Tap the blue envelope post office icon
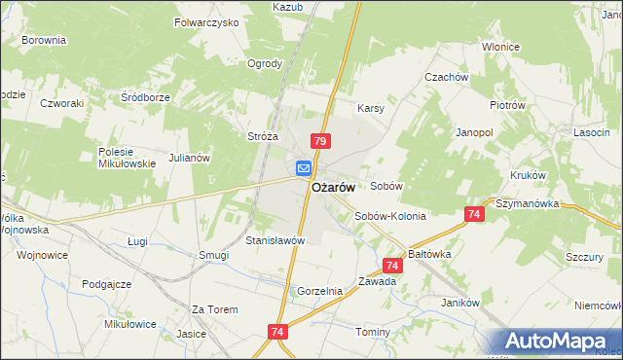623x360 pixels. (304, 168)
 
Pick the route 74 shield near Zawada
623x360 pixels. (393, 265)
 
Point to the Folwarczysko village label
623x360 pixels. (205, 21)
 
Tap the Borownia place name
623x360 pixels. (44, 41)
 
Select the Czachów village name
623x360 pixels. (446, 77)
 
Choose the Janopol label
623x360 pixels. (475, 131)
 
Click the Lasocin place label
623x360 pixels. (591, 131)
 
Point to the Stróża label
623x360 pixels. (264, 137)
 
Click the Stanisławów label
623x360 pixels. (275, 239)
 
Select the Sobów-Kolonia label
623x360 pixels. (390, 216)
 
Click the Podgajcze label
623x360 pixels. (107, 284)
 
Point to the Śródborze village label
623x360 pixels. (145, 97)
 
